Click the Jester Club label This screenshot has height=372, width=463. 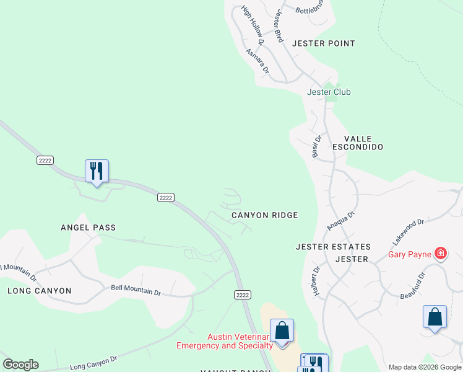329,92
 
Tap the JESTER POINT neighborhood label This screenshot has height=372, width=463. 323,43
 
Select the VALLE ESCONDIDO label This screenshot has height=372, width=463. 358,143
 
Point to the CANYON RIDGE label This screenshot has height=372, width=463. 265,215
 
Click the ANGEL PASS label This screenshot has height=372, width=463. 88,228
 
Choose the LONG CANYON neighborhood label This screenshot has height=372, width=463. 40,291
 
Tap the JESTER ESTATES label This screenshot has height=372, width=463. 333,247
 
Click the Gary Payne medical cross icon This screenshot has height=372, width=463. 440,253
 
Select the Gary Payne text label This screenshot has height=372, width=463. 409,254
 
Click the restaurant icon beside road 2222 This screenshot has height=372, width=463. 97,170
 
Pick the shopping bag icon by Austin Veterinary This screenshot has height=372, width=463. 282,330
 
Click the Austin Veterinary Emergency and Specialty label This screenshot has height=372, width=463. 225,341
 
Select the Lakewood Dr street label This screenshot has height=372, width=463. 408,230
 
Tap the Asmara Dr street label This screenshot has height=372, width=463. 257,62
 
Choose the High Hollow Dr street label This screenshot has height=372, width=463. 253,25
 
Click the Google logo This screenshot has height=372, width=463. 20,365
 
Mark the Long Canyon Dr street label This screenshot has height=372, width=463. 93,363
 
